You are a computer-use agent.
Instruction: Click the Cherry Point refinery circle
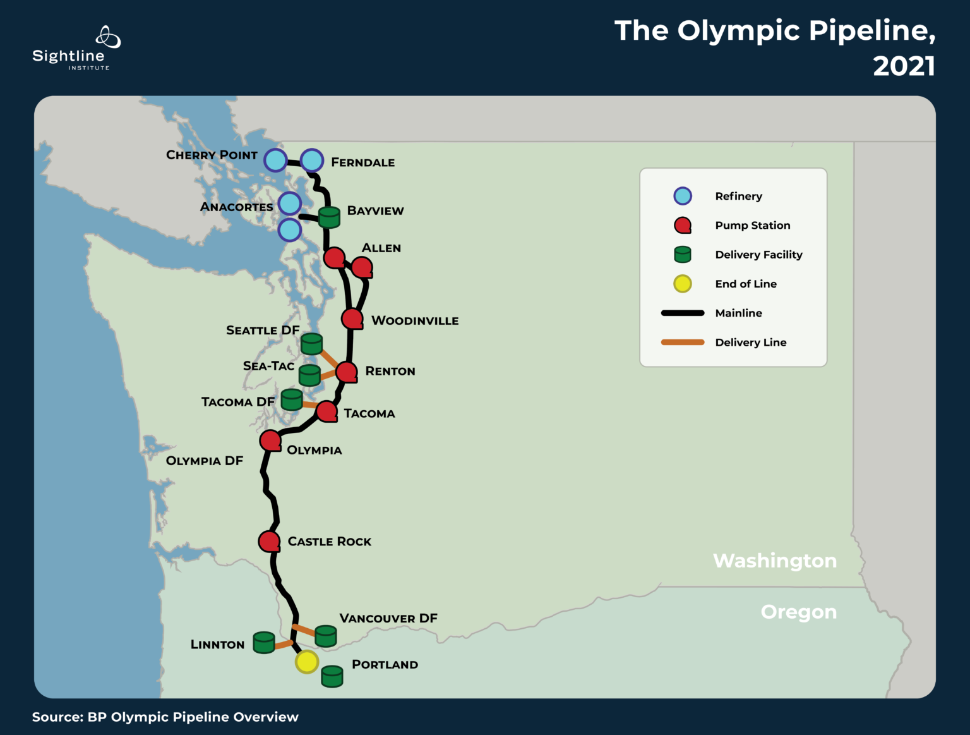(275, 161)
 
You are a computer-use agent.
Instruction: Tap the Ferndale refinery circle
(312, 161)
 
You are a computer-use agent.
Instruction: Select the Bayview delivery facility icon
(329, 217)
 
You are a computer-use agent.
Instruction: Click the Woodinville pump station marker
(352, 319)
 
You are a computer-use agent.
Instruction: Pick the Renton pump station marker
(347, 372)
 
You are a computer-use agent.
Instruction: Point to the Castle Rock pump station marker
(270, 542)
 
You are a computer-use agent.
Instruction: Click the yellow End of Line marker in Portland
(307, 662)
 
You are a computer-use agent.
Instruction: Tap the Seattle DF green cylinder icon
(311, 344)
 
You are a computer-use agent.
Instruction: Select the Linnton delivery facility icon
(264, 642)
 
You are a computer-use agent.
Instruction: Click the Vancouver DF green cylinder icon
(326, 636)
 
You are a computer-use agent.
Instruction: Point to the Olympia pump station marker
(270, 440)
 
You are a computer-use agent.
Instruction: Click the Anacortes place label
(236, 207)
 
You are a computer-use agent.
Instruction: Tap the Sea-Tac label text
(268, 366)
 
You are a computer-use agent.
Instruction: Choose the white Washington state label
(775, 561)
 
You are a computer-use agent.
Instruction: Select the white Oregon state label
(799, 612)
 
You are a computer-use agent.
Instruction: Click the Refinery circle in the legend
(683, 196)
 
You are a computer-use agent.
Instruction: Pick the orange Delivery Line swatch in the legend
(683, 343)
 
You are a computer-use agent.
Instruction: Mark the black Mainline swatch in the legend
(683, 313)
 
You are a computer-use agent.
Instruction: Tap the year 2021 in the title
(904, 66)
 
